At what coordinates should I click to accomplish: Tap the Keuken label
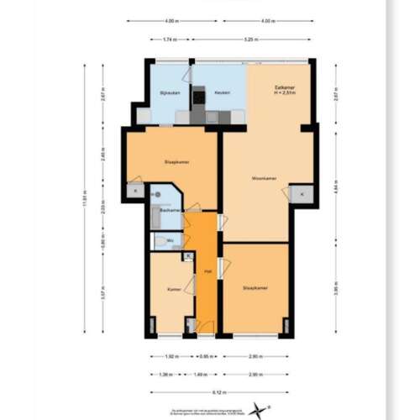pyautogui.click(x=222, y=92)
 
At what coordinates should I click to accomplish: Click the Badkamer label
pyautogui.click(x=170, y=210)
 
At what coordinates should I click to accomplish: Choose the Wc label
pyautogui.click(x=171, y=241)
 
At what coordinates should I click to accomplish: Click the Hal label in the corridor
pyautogui.click(x=207, y=271)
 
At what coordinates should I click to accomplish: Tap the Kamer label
pyautogui.click(x=175, y=289)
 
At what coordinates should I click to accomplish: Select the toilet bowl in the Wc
pyautogui.click(x=160, y=242)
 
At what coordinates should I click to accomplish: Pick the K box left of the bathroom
pyautogui.click(x=135, y=192)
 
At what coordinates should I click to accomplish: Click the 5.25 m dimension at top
pyautogui.click(x=249, y=39)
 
